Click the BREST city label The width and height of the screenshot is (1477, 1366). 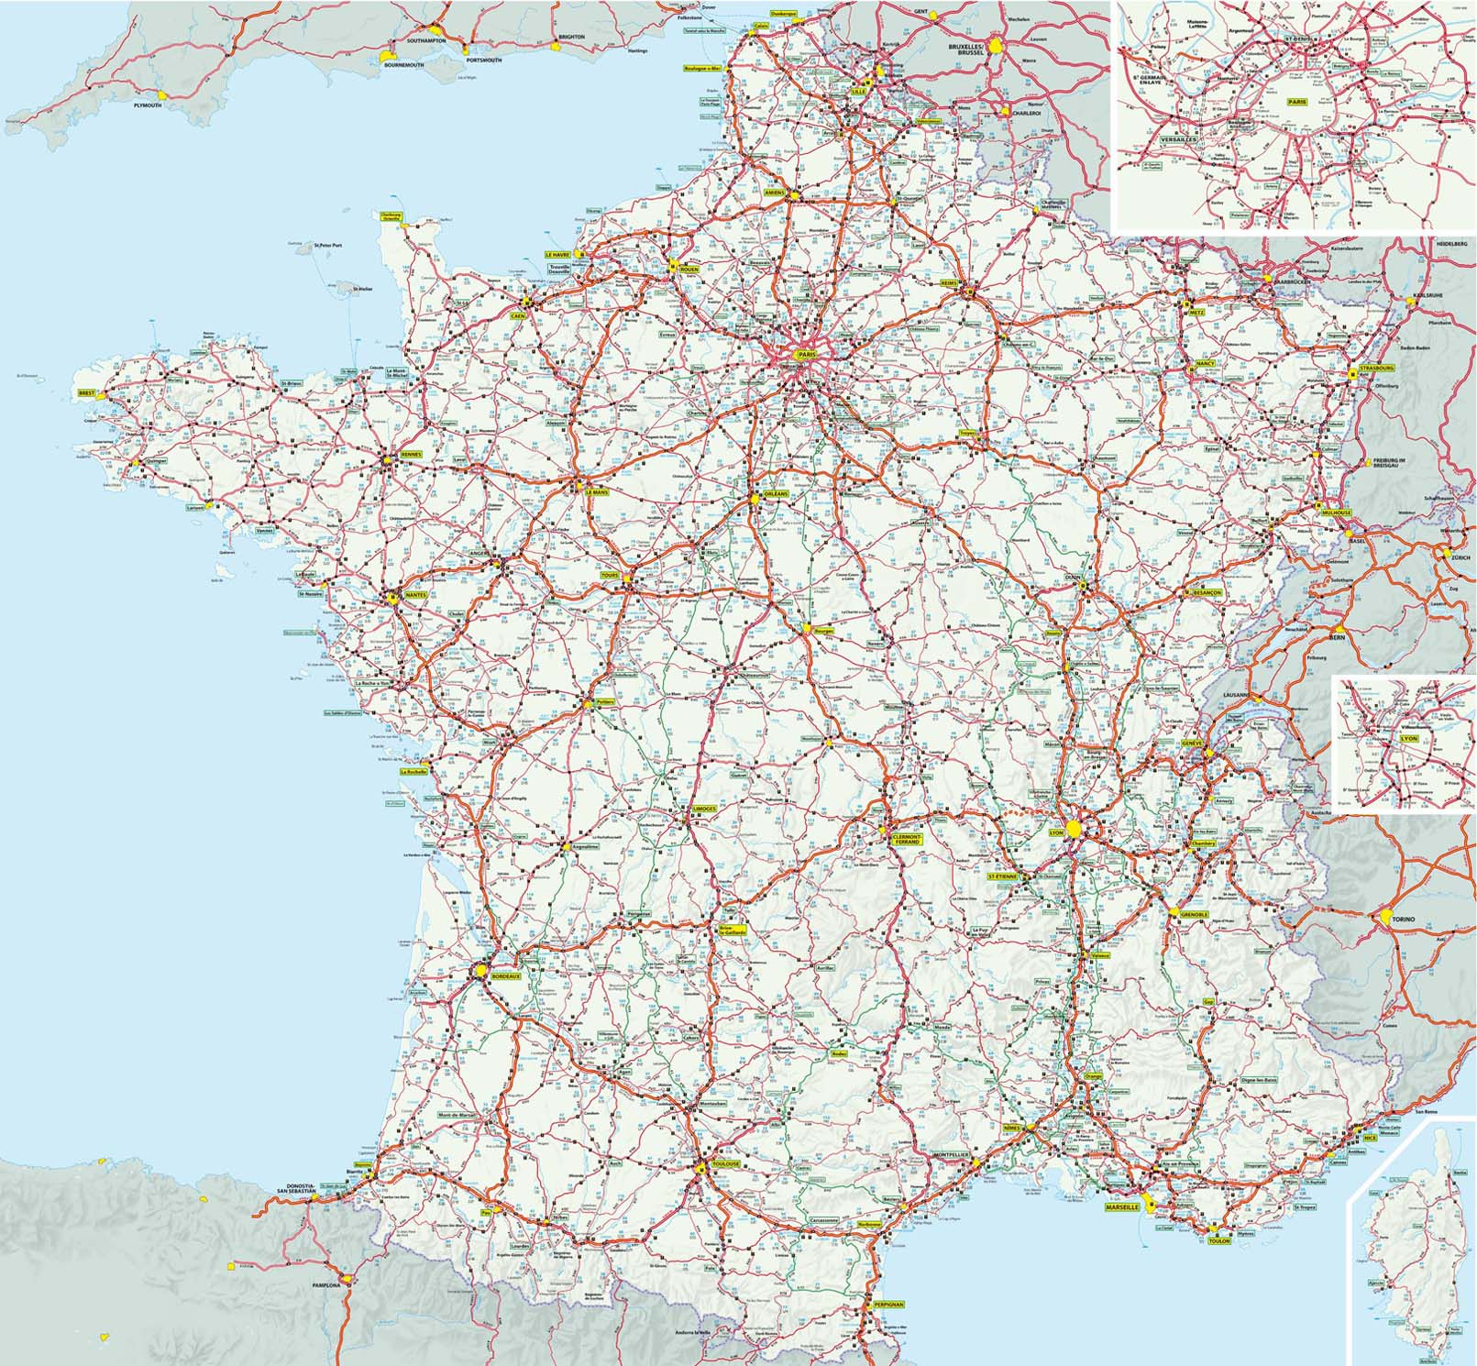pyautogui.click(x=87, y=392)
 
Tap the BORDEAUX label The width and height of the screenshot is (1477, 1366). pyautogui.click(x=506, y=977)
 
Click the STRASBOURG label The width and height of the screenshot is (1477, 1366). pyautogui.click(x=1377, y=368)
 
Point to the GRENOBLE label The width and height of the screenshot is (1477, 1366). pyautogui.click(x=1193, y=913)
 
